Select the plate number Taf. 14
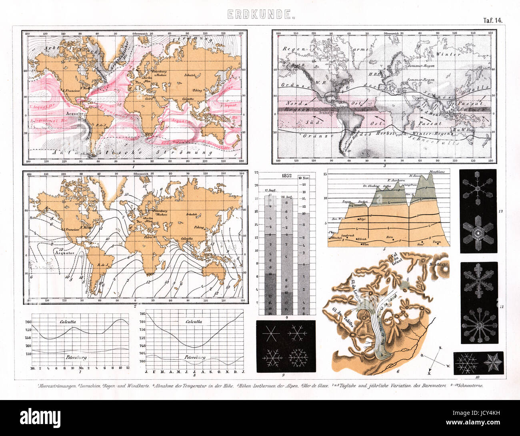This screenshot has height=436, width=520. (x=491, y=20)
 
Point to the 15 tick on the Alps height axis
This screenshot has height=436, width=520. (x=325, y=174)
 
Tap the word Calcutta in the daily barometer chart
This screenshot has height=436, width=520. (x=68, y=321)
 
